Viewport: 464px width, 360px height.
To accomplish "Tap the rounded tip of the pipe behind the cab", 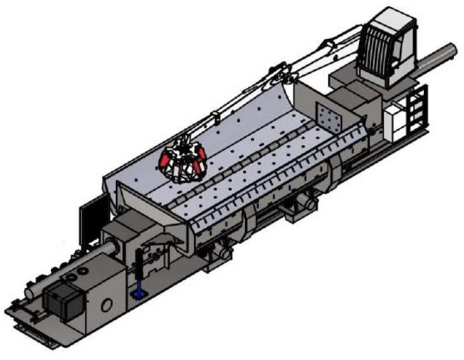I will click(x=453, y=50).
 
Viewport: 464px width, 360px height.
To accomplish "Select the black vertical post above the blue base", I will click(x=137, y=271).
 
